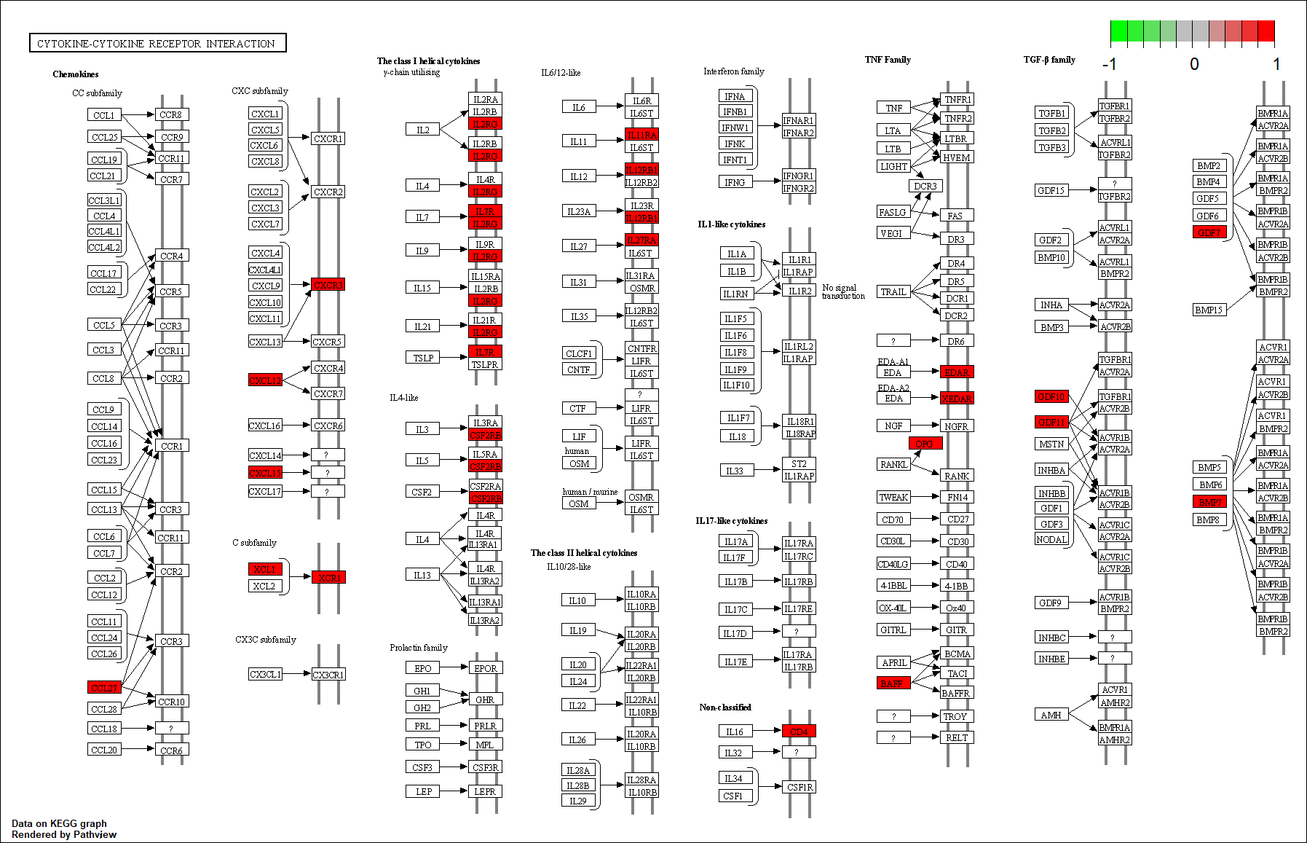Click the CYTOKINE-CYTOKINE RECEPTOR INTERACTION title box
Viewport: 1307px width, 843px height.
(157, 44)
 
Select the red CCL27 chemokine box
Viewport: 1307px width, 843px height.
(104, 687)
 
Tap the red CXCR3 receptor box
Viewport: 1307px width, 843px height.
(328, 284)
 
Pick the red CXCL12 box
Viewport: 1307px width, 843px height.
(265, 380)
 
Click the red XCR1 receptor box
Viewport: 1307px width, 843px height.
(328, 577)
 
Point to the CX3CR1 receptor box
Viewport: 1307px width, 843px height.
(328, 675)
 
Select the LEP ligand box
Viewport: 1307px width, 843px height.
(423, 791)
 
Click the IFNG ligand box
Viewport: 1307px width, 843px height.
(735, 182)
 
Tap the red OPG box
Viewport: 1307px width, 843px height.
(925, 443)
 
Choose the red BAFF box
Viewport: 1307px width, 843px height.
(893, 683)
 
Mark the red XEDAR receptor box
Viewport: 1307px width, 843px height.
(956, 399)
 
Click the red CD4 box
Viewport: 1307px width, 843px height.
(799, 731)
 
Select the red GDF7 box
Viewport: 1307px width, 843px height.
(1209, 232)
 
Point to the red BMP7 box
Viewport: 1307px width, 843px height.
(1209, 501)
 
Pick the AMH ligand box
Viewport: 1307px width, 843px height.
(1051, 715)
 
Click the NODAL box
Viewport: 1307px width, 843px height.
(1051, 539)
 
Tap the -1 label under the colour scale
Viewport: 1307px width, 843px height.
(1109, 64)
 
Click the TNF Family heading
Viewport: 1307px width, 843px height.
(888, 60)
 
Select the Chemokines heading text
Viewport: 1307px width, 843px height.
(76, 74)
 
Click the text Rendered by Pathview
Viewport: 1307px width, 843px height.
(64, 834)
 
